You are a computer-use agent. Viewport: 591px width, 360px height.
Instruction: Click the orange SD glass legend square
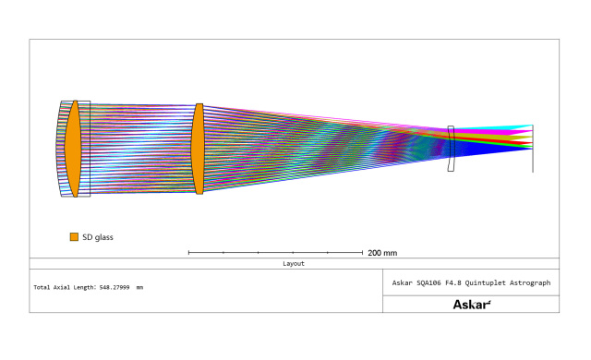pos(74,237)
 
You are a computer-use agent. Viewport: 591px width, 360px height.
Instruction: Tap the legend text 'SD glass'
pos(98,237)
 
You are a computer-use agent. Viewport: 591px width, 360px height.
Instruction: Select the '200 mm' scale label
pos(382,253)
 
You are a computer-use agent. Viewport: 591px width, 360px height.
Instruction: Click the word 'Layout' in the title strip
pos(294,264)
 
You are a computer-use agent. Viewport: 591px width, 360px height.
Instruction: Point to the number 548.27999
pos(115,287)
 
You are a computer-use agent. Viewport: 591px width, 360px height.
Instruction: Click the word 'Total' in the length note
pos(42,287)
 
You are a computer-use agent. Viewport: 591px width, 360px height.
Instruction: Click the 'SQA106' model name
pos(428,282)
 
